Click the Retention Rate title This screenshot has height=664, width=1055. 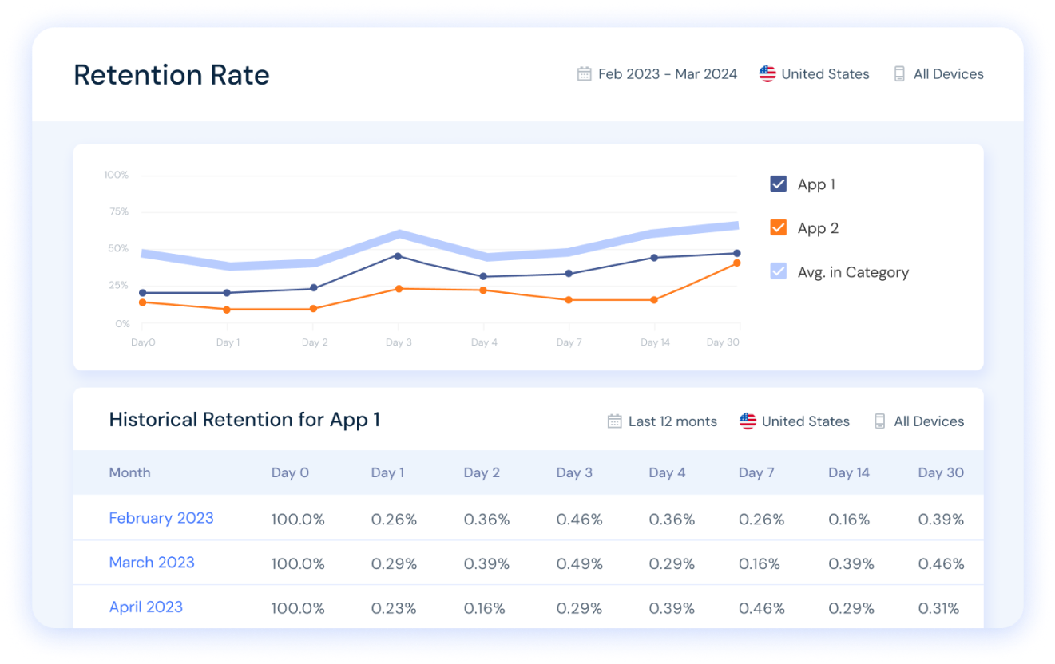coord(172,75)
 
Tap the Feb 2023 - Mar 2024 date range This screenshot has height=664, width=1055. coord(667,74)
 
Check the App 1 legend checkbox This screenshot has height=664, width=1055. coord(778,184)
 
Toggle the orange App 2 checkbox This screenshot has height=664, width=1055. coord(778,228)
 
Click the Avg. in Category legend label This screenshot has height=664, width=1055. coord(853,272)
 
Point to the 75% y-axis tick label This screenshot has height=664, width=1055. coord(118,211)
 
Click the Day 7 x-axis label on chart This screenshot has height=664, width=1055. coord(569,342)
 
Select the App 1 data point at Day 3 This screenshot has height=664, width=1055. coord(398,256)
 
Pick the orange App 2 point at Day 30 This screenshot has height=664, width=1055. coord(737,263)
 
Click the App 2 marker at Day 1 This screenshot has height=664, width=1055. coord(228,310)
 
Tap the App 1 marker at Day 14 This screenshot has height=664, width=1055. coord(654,258)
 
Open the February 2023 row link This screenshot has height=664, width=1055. coord(161,518)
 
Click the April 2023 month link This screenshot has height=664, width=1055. coord(146,607)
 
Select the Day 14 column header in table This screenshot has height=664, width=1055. coord(848,472)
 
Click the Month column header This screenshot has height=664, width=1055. coord(129,472)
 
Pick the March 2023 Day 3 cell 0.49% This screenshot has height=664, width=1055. coord(579,563)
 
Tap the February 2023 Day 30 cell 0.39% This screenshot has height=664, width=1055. coord(941,520)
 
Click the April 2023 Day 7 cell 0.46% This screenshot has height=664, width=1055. coord(761,608)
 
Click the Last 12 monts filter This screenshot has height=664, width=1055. coord(672,421)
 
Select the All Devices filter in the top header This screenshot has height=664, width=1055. coord(947,74)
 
